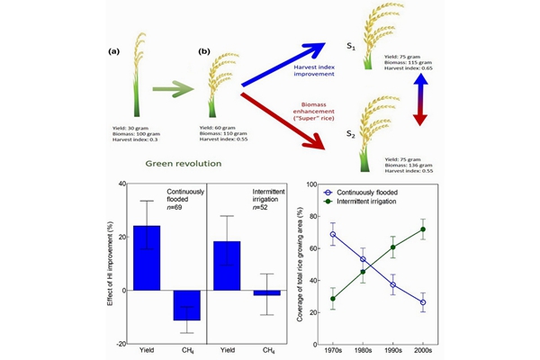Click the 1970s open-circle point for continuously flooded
(x=334, y=235)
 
